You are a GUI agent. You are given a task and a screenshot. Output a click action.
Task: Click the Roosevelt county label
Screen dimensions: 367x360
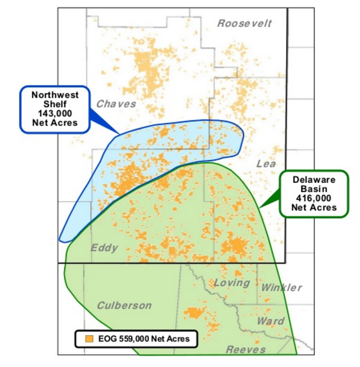tap(244, 23)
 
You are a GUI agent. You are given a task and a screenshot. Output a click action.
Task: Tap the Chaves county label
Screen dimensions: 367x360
tap(116, 104)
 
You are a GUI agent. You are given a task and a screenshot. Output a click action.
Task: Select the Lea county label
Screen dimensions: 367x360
tap(266, 164)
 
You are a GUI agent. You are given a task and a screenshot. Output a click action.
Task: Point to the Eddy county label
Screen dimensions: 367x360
tap(104, 248)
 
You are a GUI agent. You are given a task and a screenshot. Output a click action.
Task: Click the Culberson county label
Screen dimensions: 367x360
tap(124, 305)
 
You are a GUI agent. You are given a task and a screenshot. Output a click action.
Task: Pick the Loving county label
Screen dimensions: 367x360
tap(232, 283)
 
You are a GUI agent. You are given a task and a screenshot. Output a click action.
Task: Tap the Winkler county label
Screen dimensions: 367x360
tap(281, 288)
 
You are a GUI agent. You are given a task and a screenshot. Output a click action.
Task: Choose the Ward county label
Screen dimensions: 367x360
tap(270, 321)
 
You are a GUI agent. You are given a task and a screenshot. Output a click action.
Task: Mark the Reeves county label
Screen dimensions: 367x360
tap(246, 349)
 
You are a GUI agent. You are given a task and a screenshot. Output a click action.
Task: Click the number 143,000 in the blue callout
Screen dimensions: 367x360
tap(55, 113)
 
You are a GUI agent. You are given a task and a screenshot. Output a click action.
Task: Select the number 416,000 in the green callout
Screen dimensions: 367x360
tap(314, 198)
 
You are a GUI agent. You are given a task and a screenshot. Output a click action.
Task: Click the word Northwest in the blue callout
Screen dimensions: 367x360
tap(55, 95)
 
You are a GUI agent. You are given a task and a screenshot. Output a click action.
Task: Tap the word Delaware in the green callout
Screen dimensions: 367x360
tap(314, 179)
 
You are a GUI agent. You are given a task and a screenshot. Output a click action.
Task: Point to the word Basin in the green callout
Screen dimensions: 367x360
tap(314, 188)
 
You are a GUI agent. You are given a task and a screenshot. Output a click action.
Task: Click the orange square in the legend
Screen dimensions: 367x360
tap(88, 339)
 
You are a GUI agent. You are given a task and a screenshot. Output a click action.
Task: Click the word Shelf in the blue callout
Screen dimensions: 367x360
tap(55, 104)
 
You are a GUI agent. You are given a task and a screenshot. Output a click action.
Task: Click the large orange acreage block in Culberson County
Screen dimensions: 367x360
tap(195, 313)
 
